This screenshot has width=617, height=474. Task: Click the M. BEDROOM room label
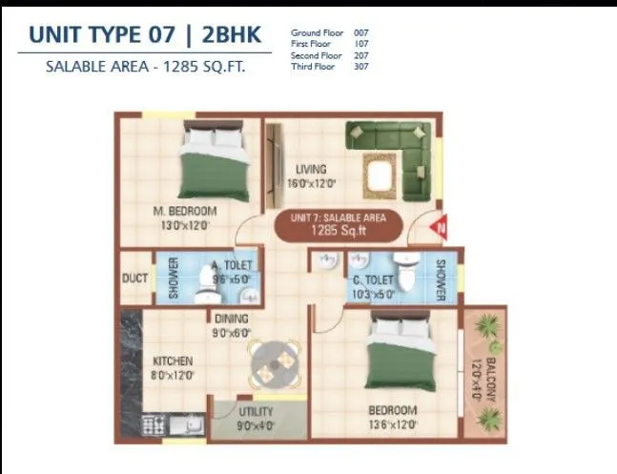(185, 211)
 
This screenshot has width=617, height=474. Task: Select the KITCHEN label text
(173, 361)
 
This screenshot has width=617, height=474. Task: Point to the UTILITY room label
(255, 412)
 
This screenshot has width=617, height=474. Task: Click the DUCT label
(134, 278)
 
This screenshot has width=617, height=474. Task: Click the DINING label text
(231, 319)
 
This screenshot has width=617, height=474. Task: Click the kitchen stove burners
(153, 423)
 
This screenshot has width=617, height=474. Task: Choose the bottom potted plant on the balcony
(489, 417)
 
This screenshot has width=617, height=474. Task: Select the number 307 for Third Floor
(360, 67)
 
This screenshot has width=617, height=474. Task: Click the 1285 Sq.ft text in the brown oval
(339, 230)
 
